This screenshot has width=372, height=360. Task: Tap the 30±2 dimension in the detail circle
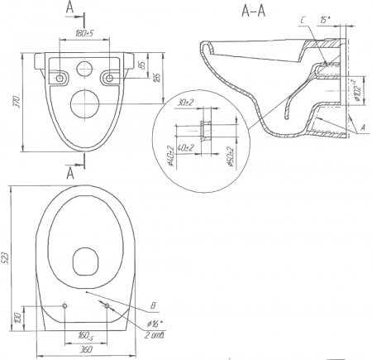(x=184, y=104)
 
